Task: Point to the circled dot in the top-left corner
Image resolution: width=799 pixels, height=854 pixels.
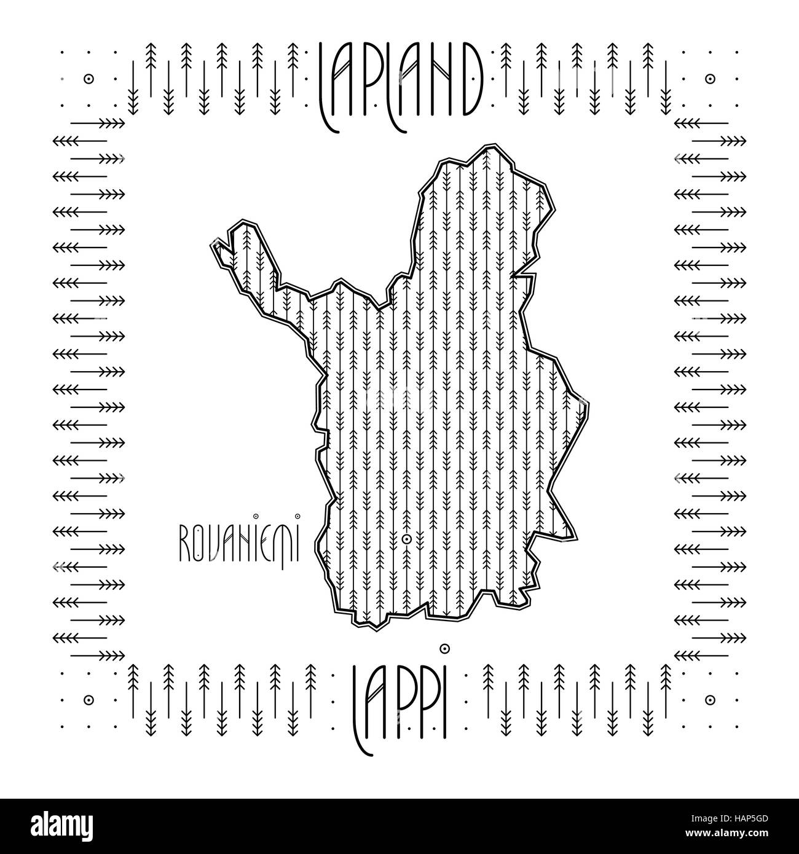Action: coord(89,79)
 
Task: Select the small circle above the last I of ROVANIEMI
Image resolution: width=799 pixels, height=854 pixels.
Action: coord(297,516)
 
